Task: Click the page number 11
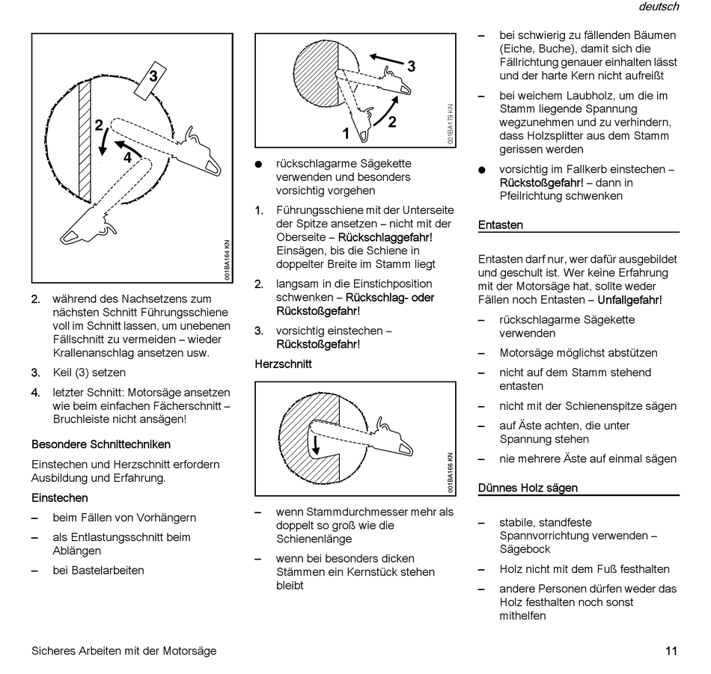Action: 671,651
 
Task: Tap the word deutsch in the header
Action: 659,7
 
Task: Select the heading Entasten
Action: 501,224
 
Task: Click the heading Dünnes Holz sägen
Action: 528,488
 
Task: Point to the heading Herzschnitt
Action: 283,364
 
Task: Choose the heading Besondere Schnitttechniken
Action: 101,444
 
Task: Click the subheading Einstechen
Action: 60,497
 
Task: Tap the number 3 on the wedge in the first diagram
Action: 153,76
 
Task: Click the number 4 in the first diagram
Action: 127,157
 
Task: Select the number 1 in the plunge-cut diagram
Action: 347,134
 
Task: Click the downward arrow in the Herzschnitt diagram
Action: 317,444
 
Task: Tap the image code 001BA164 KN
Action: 227,260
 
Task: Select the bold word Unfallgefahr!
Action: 629,300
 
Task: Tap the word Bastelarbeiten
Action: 98,570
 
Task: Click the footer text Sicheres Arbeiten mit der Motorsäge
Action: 124,651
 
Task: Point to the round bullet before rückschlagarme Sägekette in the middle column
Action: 259,164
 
